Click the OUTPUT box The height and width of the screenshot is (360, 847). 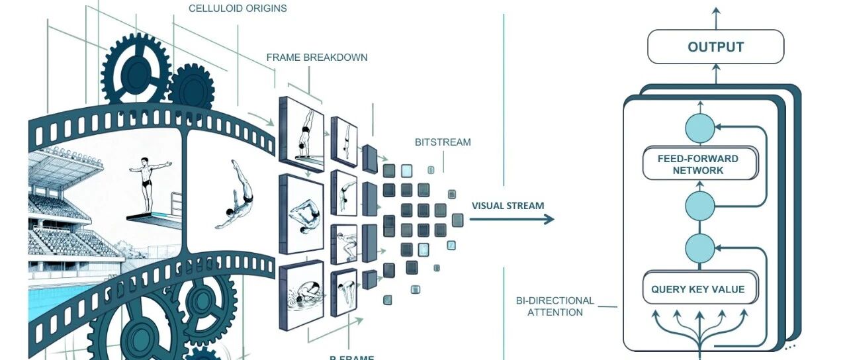pos(715,47)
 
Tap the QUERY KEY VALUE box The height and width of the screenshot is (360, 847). pos(699,289)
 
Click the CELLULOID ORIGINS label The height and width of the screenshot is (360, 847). pos(238,9)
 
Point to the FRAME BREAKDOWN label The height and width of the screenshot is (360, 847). pos(317,58)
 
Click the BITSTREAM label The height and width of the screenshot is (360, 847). pos(443,142)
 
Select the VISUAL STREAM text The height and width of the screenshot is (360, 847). pos(508,206)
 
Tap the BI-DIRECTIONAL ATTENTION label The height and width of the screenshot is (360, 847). pos(555,306)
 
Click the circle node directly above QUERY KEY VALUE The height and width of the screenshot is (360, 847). pos(699,248)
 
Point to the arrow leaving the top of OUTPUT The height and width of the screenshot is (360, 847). pos(715,16)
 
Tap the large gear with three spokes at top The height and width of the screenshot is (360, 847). pos(136,71)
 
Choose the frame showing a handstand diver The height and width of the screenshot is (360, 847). pos(302,133)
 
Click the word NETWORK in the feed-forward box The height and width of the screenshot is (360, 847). pos(699,170)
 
